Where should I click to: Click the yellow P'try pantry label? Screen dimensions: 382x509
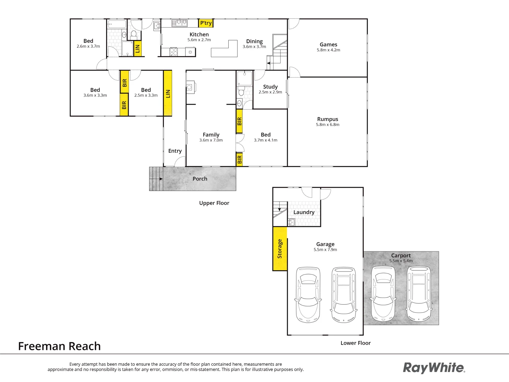coord(206,23)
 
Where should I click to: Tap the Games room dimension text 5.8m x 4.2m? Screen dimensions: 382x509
coord(328,50)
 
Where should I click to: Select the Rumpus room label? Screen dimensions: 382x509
coord(328,119)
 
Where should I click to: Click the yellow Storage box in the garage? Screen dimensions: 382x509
coord(280,249)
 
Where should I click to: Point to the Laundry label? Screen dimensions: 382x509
coord(304,212)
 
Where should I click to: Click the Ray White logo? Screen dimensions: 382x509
coord(434,368)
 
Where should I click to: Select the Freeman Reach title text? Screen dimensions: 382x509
coord(59,346)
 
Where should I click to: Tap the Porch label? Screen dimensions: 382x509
coord(200,179)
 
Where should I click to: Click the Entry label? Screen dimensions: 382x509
coord(175,151)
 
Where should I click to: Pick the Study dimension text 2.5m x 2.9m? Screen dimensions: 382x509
coord(270,92)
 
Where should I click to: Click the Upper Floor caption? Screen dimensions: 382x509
coord(214,203)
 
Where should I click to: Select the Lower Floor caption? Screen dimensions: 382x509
coord(356,343)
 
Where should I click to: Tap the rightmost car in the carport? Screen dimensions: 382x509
coord(419,294)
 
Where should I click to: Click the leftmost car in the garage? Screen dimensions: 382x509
coord(308,295)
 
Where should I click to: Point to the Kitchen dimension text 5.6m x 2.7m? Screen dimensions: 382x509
coord(199,40)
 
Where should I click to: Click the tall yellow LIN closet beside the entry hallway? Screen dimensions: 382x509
coord(168,93)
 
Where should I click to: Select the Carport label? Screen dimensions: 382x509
coord(401,255)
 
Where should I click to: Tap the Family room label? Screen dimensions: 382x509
coord(211,135)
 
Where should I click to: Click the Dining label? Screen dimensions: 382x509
coord(255,41)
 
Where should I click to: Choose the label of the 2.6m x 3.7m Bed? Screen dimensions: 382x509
coord(88,41)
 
